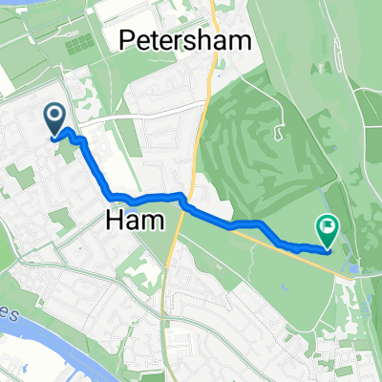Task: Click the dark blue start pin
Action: [54, 119]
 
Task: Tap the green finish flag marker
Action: [327, 229]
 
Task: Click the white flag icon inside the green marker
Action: [327, 226]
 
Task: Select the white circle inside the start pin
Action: [54, 116]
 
